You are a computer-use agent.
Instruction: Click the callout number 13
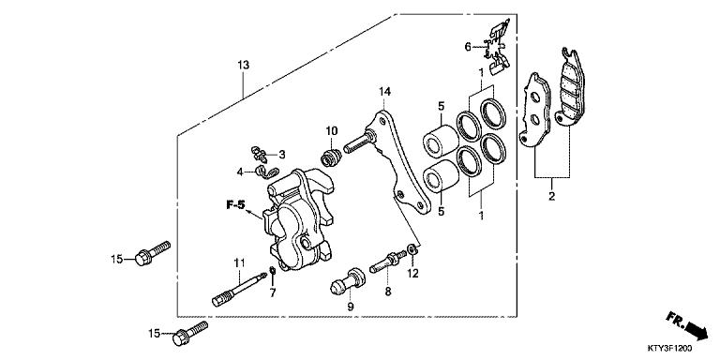coord(243,65)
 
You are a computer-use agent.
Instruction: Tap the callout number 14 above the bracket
coord(383,91)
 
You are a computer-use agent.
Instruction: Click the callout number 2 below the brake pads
coord(551,196)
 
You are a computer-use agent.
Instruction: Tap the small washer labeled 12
coord(412,252)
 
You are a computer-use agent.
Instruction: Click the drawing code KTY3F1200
coord(683,348)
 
